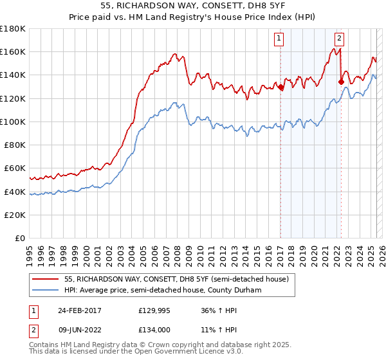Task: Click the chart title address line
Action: [x=192, y=6]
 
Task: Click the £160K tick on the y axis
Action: [x=14, y=51]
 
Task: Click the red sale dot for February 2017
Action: [x=280, y=87]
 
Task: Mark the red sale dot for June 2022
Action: [x=341, y=82]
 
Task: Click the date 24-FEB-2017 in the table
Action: [x=79, y=310]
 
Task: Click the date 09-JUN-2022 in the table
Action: [x=79, y=329]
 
